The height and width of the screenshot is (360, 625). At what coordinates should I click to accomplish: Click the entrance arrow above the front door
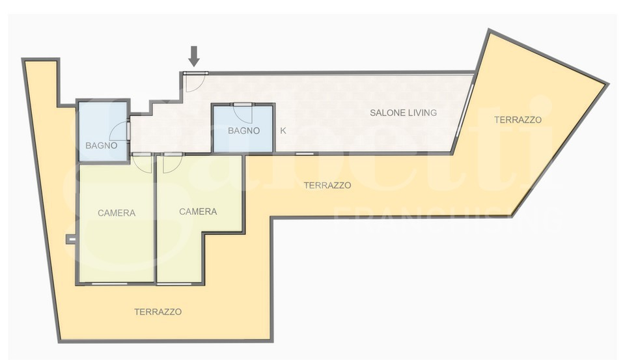point(194,56)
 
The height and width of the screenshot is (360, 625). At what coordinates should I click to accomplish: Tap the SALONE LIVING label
point(403,113)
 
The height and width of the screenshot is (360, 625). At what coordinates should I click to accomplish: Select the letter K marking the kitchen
point(283,130)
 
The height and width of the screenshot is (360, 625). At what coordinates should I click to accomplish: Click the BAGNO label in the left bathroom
point(102,146)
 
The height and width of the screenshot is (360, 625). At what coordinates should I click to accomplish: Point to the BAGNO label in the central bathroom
point(244,130)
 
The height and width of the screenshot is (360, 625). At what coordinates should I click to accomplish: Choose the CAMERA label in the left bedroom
point(117,213)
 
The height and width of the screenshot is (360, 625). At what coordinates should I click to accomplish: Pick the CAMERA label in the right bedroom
point(198,212)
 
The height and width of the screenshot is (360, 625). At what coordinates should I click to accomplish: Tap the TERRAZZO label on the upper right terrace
point(518,120)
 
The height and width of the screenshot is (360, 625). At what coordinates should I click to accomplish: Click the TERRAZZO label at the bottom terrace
point(158,312)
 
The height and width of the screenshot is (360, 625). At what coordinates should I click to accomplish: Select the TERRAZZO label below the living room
point(327,186)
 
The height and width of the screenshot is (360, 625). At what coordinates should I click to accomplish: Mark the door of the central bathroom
point(243,114)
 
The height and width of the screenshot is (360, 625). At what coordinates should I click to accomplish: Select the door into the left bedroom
point(143,163)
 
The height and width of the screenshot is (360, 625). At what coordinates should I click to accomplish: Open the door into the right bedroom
point(173,163)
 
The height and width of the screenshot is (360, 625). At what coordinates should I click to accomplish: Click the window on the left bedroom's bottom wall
point(109,283)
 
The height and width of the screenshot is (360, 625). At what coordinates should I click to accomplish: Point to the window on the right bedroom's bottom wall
point(174,283)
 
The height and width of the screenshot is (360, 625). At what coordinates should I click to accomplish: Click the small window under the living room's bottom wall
point(305,154)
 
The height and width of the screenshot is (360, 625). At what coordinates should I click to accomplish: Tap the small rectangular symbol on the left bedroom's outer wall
point(70,239)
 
